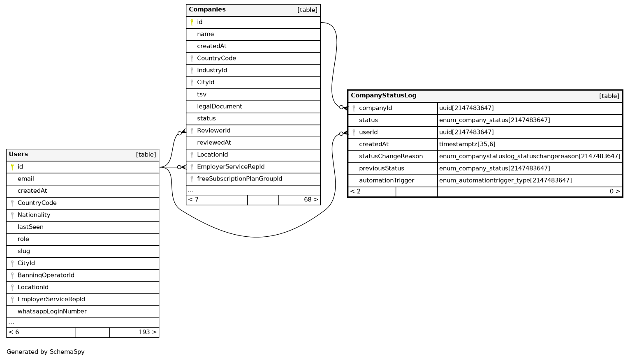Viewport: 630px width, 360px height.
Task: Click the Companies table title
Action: point(207,9)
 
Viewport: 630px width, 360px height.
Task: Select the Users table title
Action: point(19,154)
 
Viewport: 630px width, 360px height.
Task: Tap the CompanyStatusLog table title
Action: point(383,95)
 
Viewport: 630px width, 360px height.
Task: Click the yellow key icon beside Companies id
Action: point(192,22)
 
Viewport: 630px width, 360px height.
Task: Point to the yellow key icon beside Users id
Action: point(12,167)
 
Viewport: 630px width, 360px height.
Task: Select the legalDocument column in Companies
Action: point(220,106)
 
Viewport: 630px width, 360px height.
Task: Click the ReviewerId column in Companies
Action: point(213,131)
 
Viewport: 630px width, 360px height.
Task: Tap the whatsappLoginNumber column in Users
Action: point(52,312)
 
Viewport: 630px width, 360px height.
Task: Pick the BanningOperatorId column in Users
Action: point(46,275)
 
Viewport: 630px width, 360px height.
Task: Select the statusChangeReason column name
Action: point(391,156)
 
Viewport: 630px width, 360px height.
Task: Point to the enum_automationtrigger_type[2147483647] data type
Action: point(505,180)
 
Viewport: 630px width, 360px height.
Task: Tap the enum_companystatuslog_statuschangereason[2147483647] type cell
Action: point(530,156)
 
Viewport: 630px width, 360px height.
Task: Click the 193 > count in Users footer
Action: point(147,332)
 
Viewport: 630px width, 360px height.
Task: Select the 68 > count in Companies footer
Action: point(310,200)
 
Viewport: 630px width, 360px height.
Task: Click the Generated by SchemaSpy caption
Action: point(46,352)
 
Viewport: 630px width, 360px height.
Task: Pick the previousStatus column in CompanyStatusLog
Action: point(381,168)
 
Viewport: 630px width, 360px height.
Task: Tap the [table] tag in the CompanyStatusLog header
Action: point(609,96)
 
